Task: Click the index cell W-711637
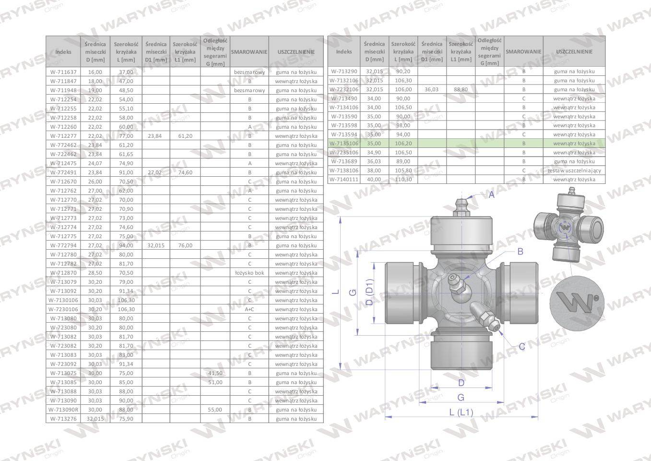click(x=63, y=72)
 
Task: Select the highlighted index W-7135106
click(x=344, y=144)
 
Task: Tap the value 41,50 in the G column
click(x=215, y=373)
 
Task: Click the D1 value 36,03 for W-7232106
click(x=432, y=89)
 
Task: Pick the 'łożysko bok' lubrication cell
click(x=249, y=273)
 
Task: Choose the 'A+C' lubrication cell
click(x=249, y=309)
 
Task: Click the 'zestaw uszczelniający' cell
click(x=574, y=170)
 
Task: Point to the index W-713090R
click(x=63, y=410)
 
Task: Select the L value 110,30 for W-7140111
click(x=403, y=180)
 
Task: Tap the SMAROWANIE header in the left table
click(x=249, y=52)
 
